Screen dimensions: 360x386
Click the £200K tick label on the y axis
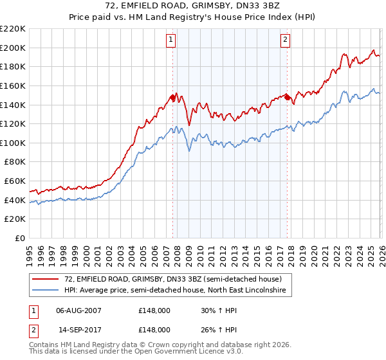pyautogui.click(x=13, y=48)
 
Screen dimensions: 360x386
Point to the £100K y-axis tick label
pyautogui.click(x=13, y=143)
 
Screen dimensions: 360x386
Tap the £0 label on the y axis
pyautogui.click(x=20, y=239)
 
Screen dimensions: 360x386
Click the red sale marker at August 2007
pyautogui.click(x=172, y=97)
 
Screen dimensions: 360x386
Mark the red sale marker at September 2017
pyautogui.click(x=287, y=97)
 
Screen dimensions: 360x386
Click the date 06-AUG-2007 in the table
pyautogui.click(x=79, y=310)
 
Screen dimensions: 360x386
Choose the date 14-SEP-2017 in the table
pyautogui.click(x=79, y=329)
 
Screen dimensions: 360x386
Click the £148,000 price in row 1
pyautogui.click(x=154, y=310)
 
